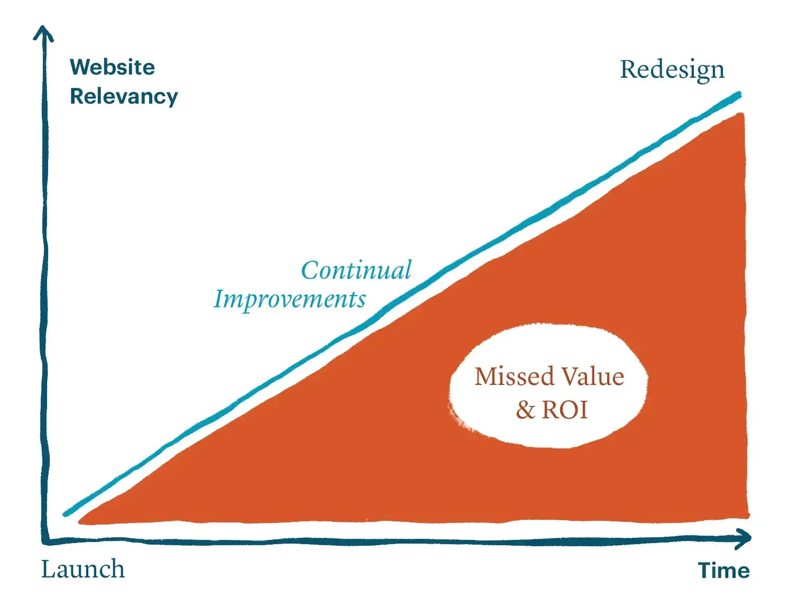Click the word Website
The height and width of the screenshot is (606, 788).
click(112, 67)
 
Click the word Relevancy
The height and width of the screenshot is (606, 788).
click(124, 97)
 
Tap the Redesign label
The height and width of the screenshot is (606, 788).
click(672, 70)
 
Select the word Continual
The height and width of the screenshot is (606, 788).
click(356, 270)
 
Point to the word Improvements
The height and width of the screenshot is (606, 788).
click(290, 299)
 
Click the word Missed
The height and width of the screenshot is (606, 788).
click(514, 377)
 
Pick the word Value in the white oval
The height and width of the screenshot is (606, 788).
click(593, 377)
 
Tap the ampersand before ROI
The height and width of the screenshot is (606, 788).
click(525, 410)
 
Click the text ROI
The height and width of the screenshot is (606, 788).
click(565, 410)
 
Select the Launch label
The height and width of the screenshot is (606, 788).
click(83, 570)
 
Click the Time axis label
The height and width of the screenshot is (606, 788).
click(723, 571)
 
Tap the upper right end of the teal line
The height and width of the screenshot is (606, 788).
click(738, 95)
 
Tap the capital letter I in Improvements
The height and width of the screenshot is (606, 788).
click(219, 299)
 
